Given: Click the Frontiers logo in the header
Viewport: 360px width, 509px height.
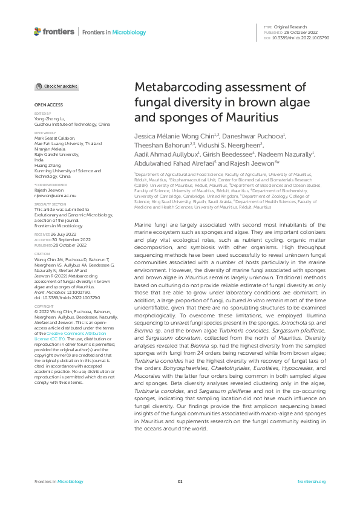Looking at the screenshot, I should pos(55,31).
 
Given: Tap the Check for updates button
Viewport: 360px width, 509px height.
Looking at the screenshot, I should pos(56,86).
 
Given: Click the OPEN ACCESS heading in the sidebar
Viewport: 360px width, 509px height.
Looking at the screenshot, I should pos(48,105).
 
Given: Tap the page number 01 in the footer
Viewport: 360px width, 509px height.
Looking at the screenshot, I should pos(180,481).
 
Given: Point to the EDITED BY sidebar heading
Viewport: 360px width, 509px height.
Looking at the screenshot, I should pos(42,114).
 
